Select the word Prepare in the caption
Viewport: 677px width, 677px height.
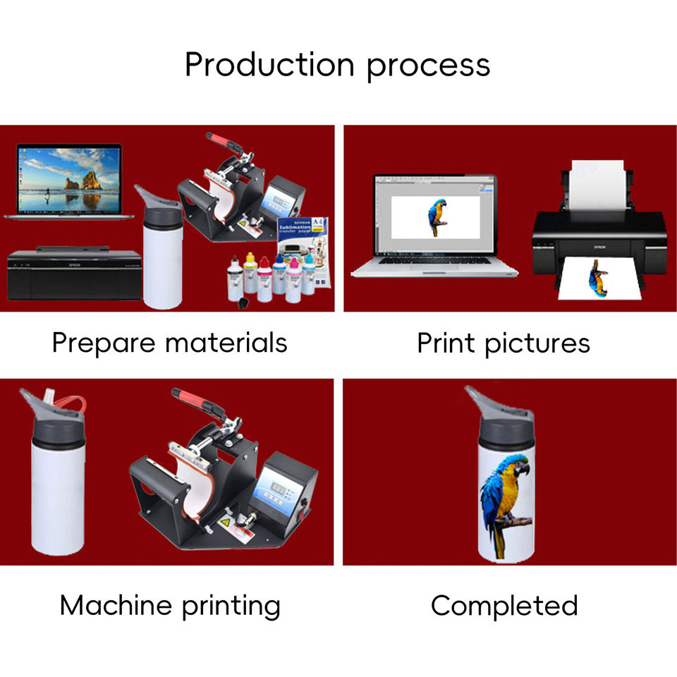click(x=104, y=343)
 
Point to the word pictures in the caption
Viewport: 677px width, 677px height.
click(x=537, y=343)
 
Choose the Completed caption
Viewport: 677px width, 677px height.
click(x=504, y=605)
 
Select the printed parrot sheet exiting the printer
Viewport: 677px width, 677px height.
click(x=597, y=279)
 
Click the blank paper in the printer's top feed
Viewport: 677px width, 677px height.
click(x=597, y=183)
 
